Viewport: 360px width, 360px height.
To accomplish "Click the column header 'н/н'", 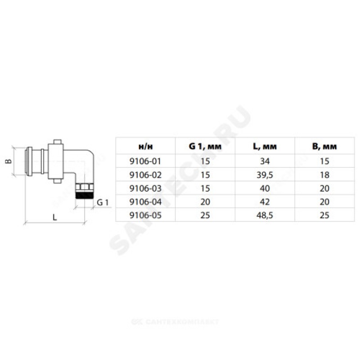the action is point(145,147).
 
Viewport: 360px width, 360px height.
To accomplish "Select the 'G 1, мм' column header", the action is point(205,146).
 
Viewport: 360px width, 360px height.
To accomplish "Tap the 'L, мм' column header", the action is point(265,146).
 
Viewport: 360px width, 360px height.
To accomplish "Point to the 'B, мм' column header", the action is point(324,146).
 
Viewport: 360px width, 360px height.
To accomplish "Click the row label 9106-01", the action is point(145,161).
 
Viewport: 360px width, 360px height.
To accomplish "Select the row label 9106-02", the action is point(145,175).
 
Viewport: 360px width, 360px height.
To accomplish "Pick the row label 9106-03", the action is point(145,188).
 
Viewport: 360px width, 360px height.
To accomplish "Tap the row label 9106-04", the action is point(145,202).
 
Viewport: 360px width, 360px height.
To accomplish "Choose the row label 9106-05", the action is point(145,215).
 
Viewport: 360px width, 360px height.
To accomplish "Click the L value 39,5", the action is point(265,175).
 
